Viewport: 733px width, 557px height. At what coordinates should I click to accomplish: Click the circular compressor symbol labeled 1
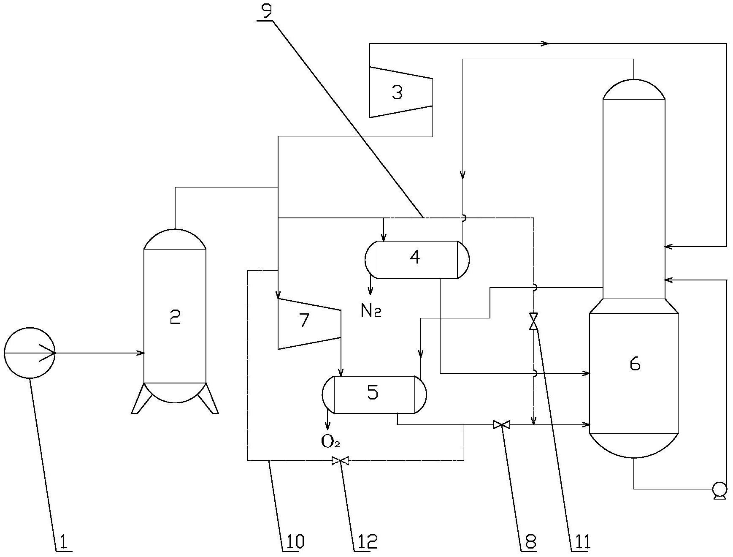30,353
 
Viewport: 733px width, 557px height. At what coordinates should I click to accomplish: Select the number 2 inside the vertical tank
175,316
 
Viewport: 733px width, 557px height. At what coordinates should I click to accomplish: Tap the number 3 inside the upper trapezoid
397,92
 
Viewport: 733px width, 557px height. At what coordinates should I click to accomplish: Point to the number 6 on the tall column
635,364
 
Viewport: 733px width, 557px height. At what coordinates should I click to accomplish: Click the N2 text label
371,311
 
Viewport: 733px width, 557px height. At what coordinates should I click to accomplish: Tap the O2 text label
330,441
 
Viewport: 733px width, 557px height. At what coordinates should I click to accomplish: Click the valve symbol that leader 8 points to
501,424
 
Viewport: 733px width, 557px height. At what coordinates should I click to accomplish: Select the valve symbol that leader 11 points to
534,321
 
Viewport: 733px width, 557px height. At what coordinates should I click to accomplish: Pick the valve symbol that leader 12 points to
340,460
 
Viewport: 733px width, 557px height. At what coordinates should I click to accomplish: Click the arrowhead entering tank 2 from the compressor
140,353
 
